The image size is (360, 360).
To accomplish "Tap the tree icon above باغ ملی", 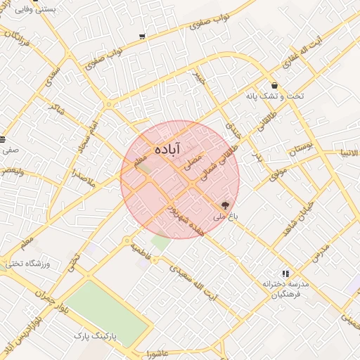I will tap(225, 206).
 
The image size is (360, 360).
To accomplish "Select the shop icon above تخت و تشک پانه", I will tap(273, 86).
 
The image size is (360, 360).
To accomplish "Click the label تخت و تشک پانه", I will tap(270, 96).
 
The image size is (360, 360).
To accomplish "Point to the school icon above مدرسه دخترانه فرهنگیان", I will tap(285, 273).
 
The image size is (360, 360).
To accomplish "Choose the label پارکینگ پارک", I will tap(98, 337).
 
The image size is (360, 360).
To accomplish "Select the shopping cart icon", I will tap(143, 36).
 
